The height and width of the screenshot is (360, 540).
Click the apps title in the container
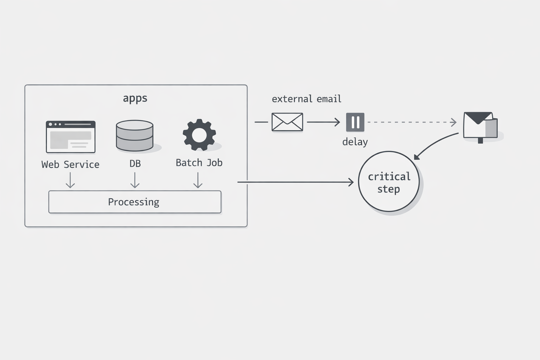(135, 98)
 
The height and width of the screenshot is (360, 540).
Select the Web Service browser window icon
(71, 137)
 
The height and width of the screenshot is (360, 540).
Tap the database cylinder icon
(135, 135)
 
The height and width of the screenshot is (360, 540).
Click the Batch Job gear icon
(199, 135)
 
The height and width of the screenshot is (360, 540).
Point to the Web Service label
(70, 165)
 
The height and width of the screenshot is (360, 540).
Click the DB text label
(135, 163)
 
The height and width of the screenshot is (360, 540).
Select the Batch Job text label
(199, 163)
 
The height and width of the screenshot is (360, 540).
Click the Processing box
(135, 202)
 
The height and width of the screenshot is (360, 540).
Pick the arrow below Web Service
(70, 180)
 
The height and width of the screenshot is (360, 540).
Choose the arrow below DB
(135, 180)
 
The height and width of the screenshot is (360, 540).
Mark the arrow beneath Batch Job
(198, 180)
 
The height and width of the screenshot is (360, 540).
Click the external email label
(306, 99)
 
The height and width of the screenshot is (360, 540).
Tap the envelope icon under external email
(287, 122)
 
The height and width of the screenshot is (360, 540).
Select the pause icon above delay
(355, 122)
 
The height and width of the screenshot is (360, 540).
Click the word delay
(355, 142)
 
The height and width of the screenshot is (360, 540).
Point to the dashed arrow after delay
(411, 122)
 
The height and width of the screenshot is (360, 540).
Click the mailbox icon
(480, 126)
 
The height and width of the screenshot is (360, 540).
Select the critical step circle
(389, 182)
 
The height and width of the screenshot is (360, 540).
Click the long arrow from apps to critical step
(295, 182)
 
